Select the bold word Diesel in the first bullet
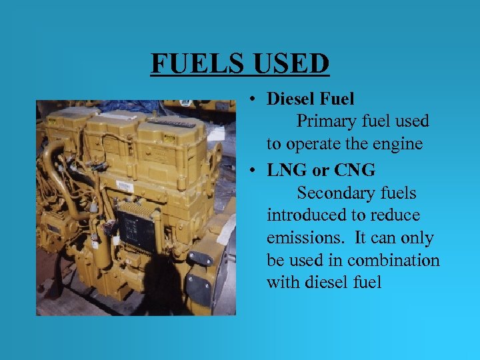pyautogui.click(x=291, y=99)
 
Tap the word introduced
pyautogui.click(x=303, y=215)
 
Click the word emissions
pyautogui.click(x=301, y=238)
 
